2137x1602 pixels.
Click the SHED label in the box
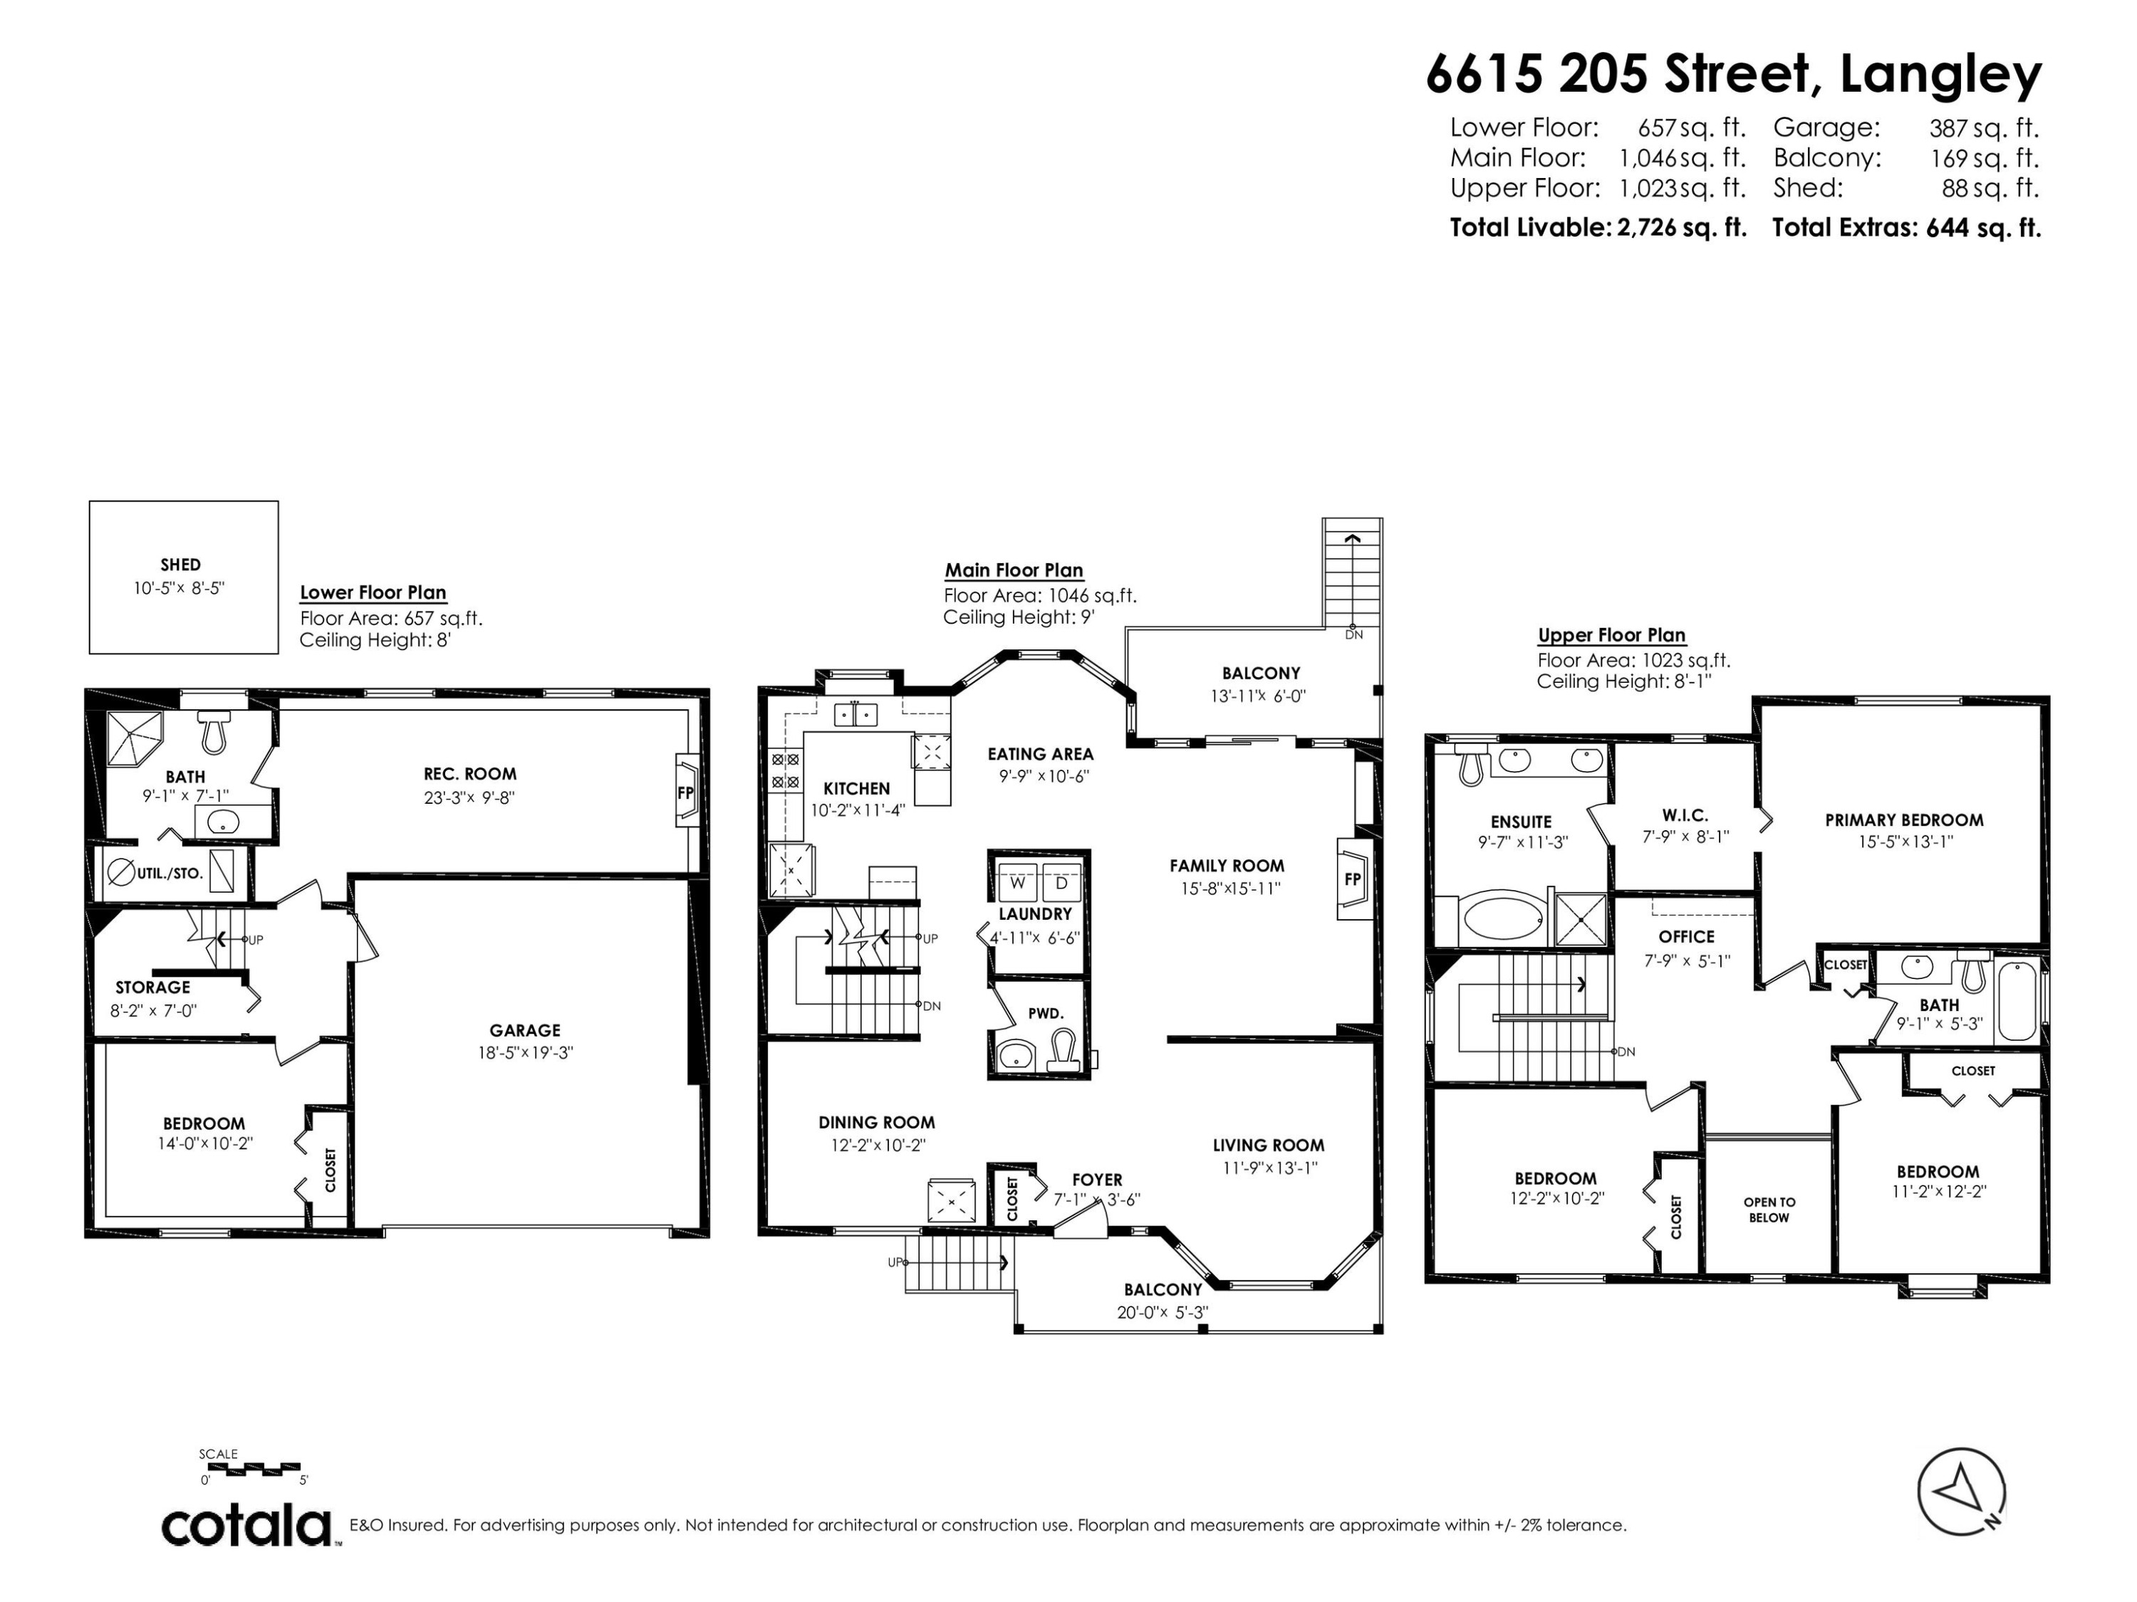pos(181,565)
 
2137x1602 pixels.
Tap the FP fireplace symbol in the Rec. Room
pos(685,792)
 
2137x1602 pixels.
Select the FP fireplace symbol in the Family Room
pos(1353,879)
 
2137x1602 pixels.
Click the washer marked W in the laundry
pos(1017,883)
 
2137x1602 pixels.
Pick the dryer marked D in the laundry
pos(1061,883)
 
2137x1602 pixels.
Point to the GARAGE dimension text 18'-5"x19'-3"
pos(524,1052)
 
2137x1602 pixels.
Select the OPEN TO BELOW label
pos(1769,1210)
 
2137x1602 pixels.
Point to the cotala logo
pos(246,1526)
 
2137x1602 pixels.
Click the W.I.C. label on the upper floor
pos(1685,815)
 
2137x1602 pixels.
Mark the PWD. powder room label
pos(1045,1013)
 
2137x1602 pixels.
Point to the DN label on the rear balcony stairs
pos(1354,634)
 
